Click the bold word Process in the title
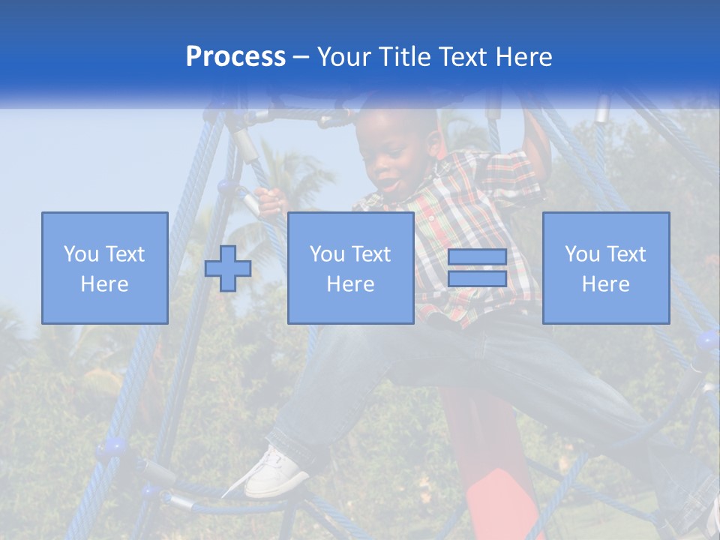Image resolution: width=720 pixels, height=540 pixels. pyautogui.click(x=235, y=57)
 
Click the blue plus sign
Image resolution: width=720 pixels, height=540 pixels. pyautogui.click(x=228, y=268)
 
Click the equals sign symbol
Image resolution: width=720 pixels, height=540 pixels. pyautogui.click(x=477, y=268)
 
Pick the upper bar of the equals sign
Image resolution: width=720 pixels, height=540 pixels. pyautogui.click(x=477, y=257)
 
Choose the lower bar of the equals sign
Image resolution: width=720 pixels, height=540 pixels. pyautogui.click(x=477, y=279)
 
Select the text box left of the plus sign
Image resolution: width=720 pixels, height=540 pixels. pyautogui.click(x=104, y=268)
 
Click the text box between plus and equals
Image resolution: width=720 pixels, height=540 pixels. pyautogui.click(x=350, y=268)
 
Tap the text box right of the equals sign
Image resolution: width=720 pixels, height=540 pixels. pyautogui.click(x=605, y=268)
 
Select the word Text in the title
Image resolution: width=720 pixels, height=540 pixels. pyautogui.click(x=459, y=57)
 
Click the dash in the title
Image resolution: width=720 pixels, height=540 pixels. pyautogui.click(x=301, y=57)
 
